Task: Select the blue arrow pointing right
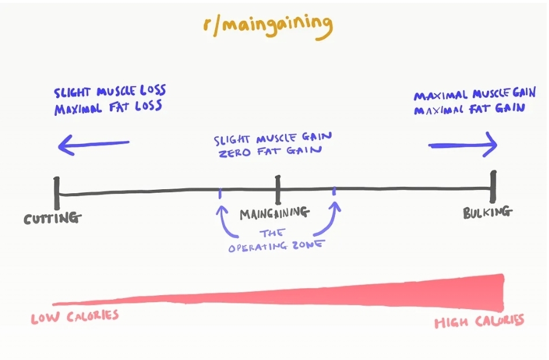tap(463, 145)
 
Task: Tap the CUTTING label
tap(53, 219)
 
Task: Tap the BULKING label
tap(488, 212)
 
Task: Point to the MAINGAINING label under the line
tap(274, 213)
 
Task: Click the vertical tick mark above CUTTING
tap(57, 193)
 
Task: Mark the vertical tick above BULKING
tap(493, 187)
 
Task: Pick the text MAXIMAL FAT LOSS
tap(108, 108)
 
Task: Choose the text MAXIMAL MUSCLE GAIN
tap(474, 94)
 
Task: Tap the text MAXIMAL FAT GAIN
tap(469, 108)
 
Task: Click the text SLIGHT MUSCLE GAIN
tap(273, 140)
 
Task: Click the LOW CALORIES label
tap(75, 317)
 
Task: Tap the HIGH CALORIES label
tap(479, 321)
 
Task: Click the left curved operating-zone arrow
tap(226, 222)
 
